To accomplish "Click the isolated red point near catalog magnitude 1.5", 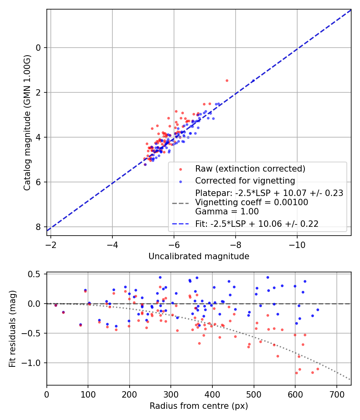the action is click(x=227, y=81).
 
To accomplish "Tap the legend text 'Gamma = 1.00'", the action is click(x=227, y=212).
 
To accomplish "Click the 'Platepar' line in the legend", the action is click(x=269, y=193).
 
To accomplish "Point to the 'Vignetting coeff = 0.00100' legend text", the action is click(x=252, y=202).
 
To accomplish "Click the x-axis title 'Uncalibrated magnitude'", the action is click(x=199, y=256).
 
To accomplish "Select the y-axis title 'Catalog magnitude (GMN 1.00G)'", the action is click(x=27, y=123).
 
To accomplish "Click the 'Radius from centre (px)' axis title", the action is click(x=199, y=406).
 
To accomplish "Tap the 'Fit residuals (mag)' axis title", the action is click(x=12, y=329).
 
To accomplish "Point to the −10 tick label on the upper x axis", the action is click(x=297, y=245).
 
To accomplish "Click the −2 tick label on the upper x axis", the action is click(x=51, y=245).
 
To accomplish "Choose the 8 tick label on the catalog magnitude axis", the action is click(x=38, y=227).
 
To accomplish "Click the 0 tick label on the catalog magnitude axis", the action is click(x=38, y=48).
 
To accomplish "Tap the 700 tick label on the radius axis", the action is click(x=336, y=394).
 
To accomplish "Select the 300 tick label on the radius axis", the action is click(x=171, y=394).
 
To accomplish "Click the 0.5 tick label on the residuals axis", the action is click(x=34, y=274).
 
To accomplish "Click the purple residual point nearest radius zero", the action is click(x=56, y=305).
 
